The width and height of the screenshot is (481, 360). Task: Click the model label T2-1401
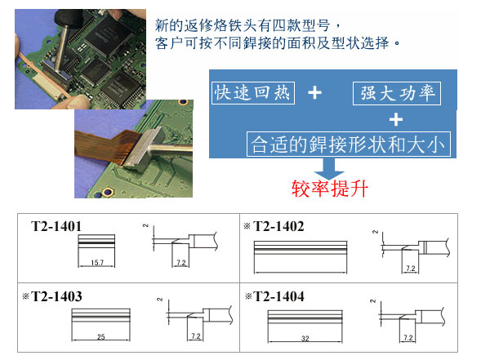tap(56, 226)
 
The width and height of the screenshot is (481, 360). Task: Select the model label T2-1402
tap(278, 226)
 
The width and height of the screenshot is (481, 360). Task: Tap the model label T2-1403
tap(56, 296)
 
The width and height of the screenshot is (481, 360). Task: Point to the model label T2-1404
tap(278, 296)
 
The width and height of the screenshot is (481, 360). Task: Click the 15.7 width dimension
tap(97, 263)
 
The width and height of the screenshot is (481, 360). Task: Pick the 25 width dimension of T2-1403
tap(101, 336)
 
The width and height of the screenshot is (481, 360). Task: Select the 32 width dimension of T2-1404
tap(305, 338)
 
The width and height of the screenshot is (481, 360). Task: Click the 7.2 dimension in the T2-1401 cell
tap(181, 263)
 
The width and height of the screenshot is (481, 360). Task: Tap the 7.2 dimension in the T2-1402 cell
tap(411, 269)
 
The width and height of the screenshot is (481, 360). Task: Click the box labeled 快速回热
tap(253, 93)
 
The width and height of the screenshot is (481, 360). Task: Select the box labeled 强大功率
tap(397, 93)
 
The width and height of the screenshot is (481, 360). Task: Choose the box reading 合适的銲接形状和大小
tap(349, 144)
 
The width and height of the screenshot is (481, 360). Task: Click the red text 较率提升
tap(329, 189)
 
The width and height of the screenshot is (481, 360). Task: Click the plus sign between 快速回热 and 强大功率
tap(314, 92)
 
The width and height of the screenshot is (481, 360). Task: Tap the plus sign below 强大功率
tap(396, 119)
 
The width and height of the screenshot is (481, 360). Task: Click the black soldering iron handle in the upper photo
tap(69, 19)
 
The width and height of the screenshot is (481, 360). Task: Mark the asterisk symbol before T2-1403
tap(26, 296)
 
